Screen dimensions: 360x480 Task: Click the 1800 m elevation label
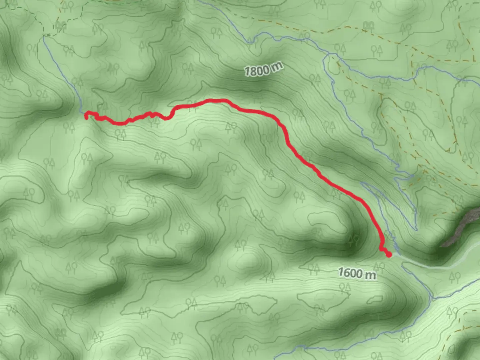263,69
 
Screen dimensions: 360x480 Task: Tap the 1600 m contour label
357,273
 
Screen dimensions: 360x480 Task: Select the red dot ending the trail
388,255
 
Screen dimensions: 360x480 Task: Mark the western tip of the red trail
86,117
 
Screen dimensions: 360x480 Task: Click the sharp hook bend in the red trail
171,115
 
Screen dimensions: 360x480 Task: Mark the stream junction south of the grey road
432,297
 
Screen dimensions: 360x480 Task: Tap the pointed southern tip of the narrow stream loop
416,229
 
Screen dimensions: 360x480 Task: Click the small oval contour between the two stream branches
333,67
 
